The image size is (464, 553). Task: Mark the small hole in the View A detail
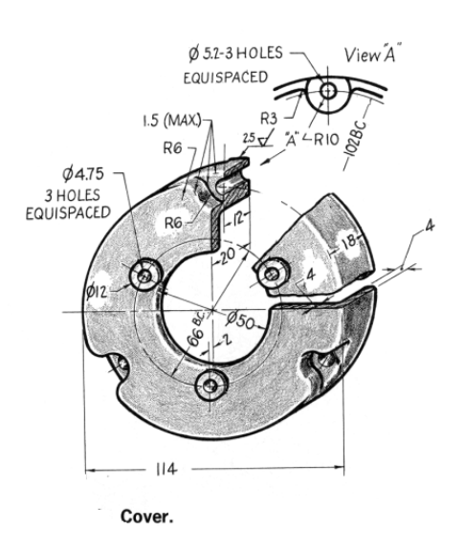(327, 93)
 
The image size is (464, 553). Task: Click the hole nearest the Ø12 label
(145, 276)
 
